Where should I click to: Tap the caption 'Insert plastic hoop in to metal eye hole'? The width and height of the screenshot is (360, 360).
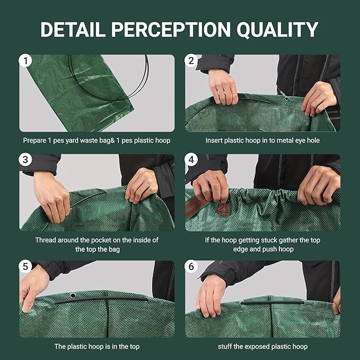click(262, 141)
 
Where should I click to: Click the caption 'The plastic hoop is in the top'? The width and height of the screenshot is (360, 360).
click(96, 347)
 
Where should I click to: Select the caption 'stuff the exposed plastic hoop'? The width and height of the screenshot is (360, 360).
click(262, 347)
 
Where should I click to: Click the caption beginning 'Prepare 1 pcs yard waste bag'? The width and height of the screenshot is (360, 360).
click(96, 141)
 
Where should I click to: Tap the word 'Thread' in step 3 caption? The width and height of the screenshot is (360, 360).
click(46, 240)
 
